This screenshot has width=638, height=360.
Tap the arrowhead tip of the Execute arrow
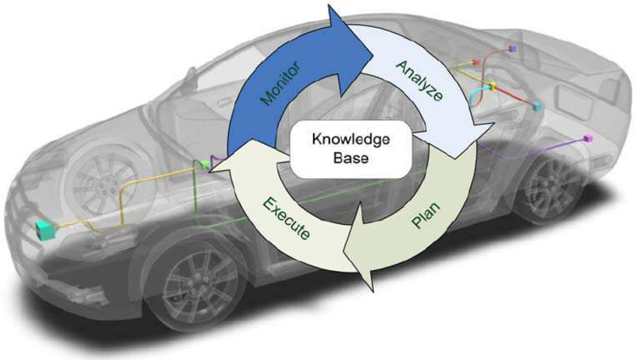(x=213, y=169)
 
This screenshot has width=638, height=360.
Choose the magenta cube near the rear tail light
(x=589, y=140)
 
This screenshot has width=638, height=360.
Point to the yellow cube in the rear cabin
(x=493, y=88)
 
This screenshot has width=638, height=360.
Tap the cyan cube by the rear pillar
(x=537, y=107)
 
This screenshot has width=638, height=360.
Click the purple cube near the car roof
(x=511, y=48)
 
